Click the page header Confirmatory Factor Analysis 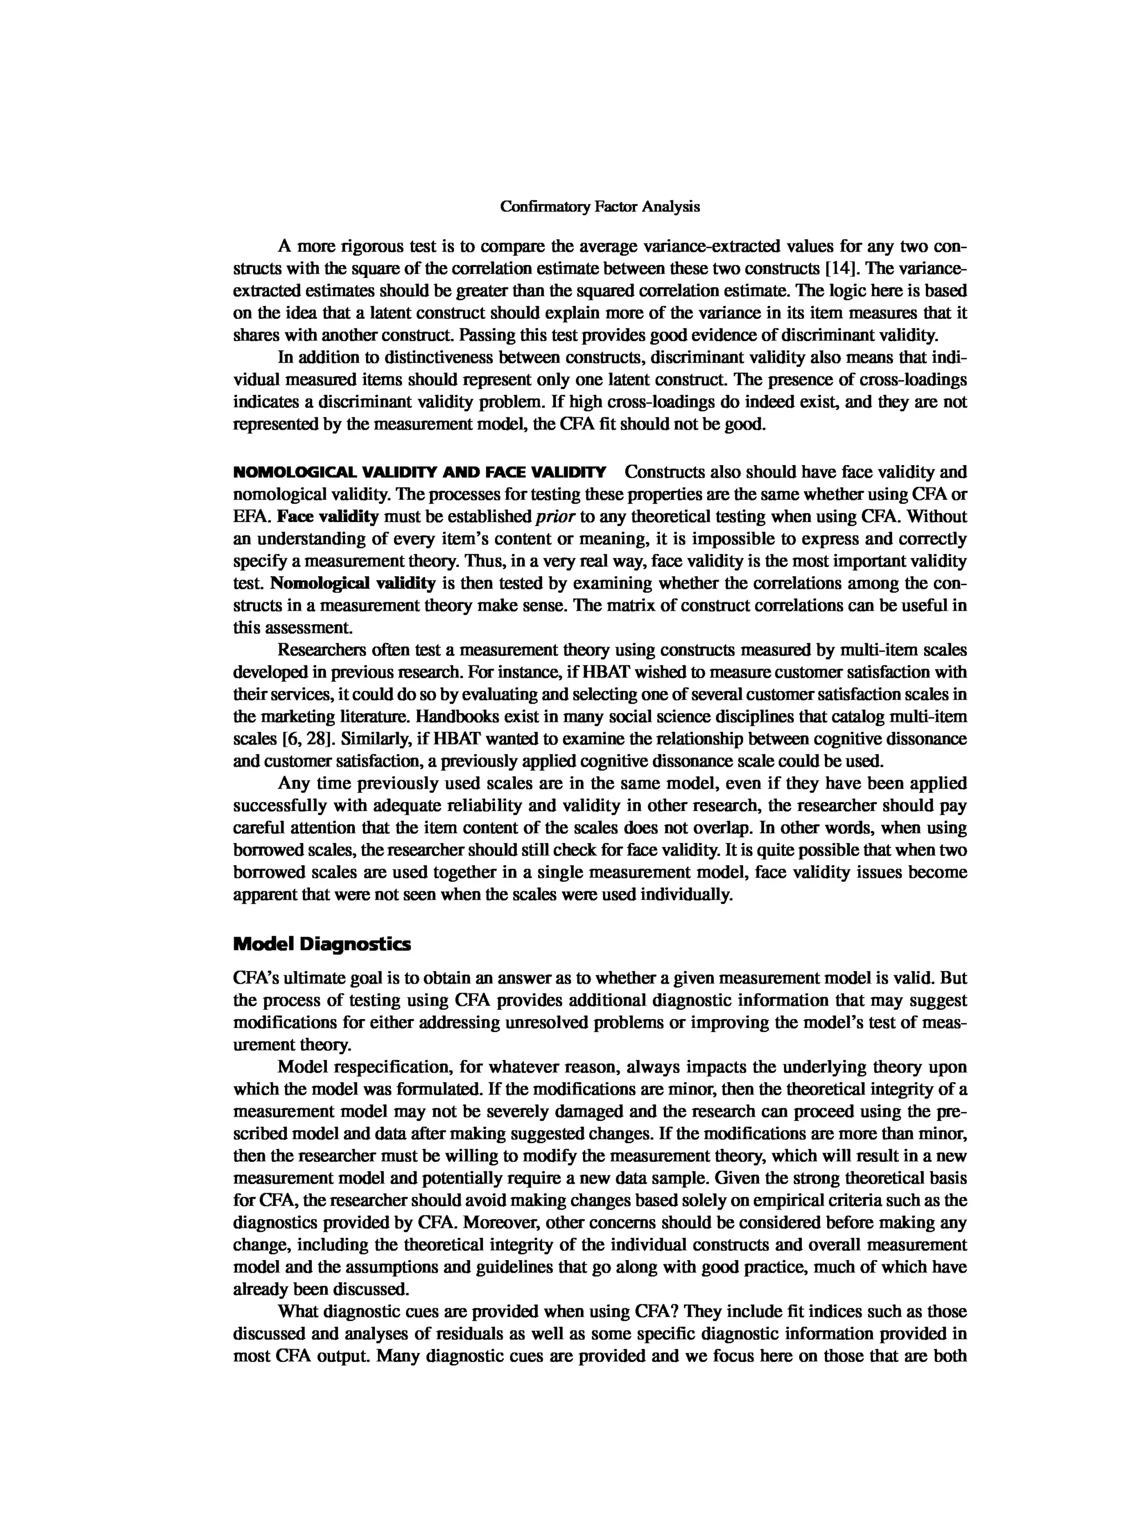[x=599, y=206]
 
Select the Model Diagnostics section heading [x=322, y=944]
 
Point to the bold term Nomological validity [x=353, y=583]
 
